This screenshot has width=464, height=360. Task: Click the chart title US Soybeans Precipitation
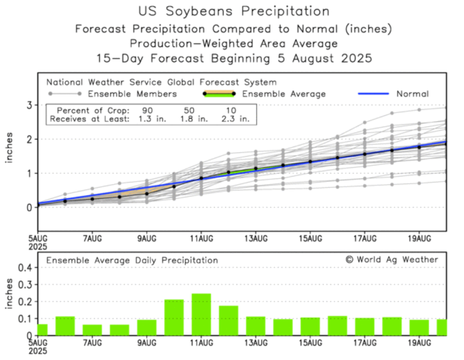(x=234, y=11)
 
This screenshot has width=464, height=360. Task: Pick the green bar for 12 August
(x=229, y=321)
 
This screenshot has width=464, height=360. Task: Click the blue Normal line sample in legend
(x=374, y=94)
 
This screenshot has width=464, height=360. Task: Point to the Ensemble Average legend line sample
(x=220, y=94)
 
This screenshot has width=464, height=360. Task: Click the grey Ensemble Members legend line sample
(x=64, y=94)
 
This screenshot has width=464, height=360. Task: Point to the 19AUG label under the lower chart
(x=419, y=343)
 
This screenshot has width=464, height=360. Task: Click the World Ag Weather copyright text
(x=392, y=259)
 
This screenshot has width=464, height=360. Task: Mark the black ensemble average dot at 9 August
(x=146, y=194)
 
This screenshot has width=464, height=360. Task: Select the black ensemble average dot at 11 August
(x=201, y=178)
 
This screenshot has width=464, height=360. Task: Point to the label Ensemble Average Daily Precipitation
(x=132, y=260)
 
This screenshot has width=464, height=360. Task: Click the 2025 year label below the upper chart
(x=38, y=246)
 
